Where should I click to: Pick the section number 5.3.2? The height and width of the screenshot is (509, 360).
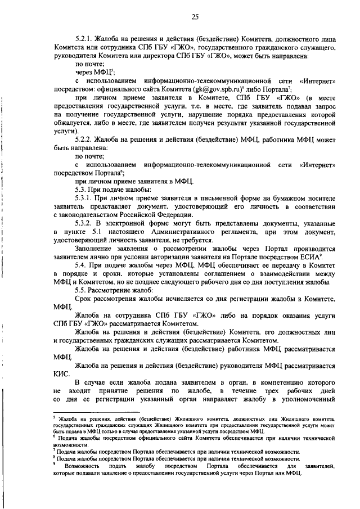pos(85,223)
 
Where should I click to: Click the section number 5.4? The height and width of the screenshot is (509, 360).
pos(82,265)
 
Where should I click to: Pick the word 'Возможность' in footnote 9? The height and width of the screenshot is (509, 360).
pos(82,467)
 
